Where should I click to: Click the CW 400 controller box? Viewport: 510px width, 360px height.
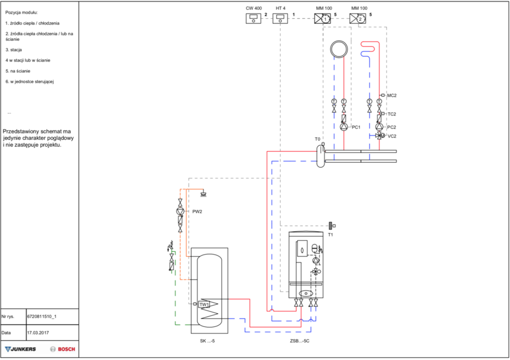tap(253, 18)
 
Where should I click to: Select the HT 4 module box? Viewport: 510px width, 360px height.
tap(280, 18)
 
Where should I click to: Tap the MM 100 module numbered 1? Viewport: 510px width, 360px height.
tap(322, 18)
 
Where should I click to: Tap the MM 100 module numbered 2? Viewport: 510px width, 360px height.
tap(358, 18)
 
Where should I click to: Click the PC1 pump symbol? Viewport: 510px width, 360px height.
tap(344, 127)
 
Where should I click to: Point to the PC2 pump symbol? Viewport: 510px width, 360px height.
tap(379, 127)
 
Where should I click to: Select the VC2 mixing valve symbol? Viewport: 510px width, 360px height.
tap(380, 136)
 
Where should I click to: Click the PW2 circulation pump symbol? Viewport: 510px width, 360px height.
tap(180, 212)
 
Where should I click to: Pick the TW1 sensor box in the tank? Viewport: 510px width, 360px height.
tap(204, 304)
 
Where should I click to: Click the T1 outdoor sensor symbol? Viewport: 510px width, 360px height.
tap(332, 225)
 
